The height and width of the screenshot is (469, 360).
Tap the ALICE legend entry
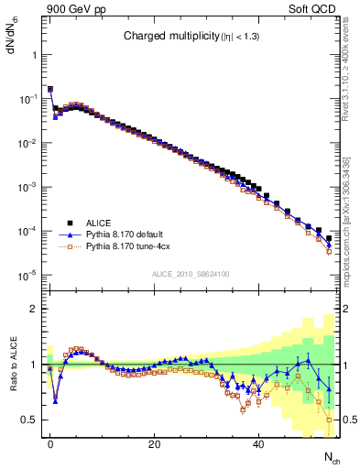99,223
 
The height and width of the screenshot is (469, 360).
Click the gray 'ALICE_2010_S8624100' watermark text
190,273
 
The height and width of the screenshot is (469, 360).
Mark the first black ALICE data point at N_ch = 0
50,90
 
